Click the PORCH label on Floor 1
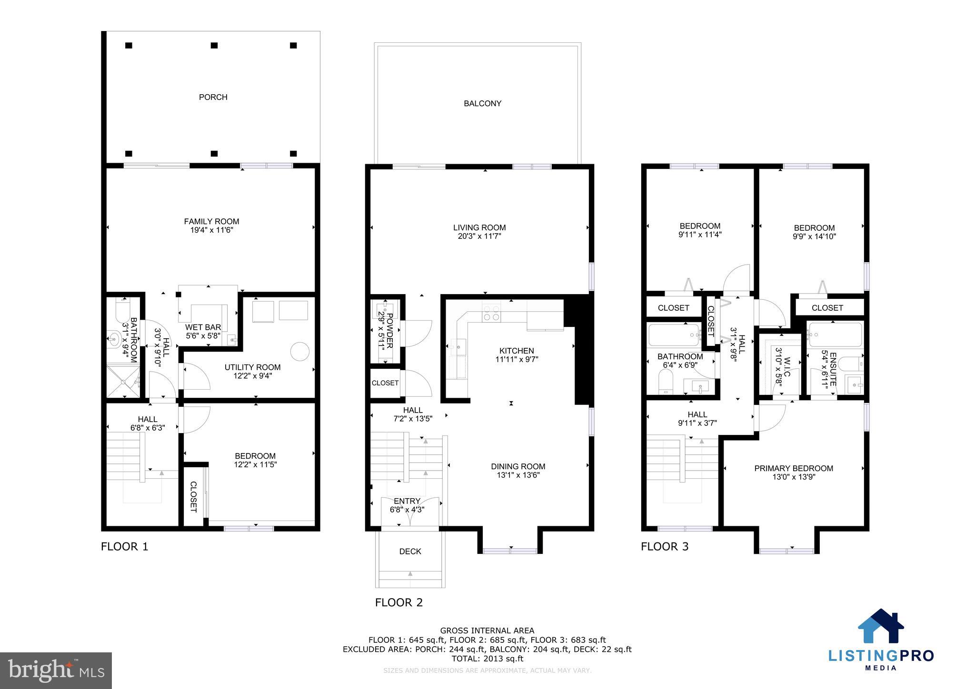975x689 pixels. click(x=213, y=97)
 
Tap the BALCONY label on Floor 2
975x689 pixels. click(x=482, y=103)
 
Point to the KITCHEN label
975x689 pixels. click(x=517, y=351)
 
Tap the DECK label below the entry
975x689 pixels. click(x=410, y=551)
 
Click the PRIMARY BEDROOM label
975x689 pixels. click(x=794, y=468)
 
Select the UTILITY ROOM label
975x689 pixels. click(x=252, y=367)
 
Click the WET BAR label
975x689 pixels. click(x=203, y=327)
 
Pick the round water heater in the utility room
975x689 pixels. click(x=300, y=353)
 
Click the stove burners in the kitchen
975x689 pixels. click(x=491, y=313)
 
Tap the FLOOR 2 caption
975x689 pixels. click(x=398, y=602)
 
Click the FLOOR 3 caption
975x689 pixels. click(x=664, y=546)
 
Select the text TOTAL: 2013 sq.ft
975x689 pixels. click(x=487, y=659)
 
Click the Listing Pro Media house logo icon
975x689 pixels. click(x=880, y=626)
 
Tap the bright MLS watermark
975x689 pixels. click(x=56, y=670)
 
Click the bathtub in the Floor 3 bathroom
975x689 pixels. click(x=674, y=335)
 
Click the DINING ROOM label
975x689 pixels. click(x=518, y=467)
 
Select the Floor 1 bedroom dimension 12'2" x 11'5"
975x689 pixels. click(x=255, y=464)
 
